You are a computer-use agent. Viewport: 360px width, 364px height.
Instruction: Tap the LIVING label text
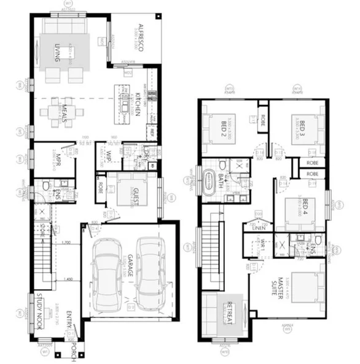coord(57,55)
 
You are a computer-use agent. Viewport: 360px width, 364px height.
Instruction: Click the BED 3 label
coord(303,128)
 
